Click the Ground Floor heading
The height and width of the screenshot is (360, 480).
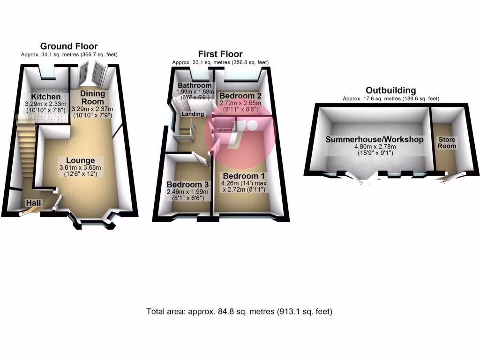point(68,46)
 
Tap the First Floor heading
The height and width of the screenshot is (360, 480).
point(220,54)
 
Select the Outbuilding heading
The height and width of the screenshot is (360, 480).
point(390,90)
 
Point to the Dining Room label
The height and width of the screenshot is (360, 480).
point(92,97)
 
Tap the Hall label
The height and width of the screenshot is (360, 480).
point(33,202)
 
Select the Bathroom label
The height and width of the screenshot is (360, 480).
point(194,86)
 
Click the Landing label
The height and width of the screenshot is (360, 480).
point(193,114)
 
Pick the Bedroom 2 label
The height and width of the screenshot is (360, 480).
point(240,95)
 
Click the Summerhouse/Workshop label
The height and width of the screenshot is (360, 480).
point(375,139)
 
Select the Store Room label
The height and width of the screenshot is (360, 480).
point(447,143)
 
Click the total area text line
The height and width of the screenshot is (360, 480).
point(240,311)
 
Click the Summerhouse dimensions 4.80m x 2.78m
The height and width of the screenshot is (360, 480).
point(375,147)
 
